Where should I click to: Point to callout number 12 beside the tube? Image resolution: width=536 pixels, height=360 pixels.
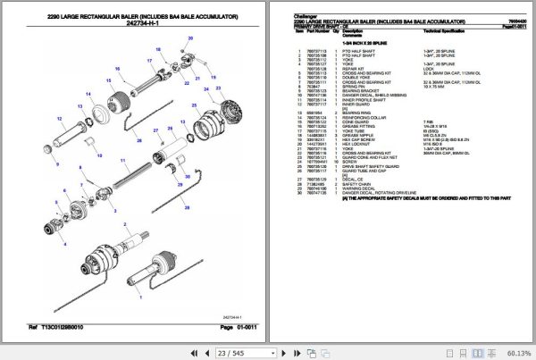(55, 167)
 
